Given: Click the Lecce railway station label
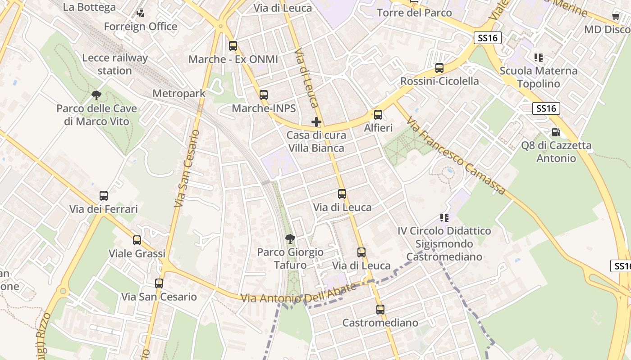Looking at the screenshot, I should [x=115, y=64].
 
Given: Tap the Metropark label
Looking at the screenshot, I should [x=179, y=94].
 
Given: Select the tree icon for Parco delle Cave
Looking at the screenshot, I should [x=96, y=95].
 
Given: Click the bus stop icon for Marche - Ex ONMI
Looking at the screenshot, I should [x=233, y=45].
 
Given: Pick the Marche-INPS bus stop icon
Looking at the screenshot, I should [x=264, y=95].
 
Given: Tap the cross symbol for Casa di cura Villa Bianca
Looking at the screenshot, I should [x=316, y=121].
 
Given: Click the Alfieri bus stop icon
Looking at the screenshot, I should [x=378, y=114].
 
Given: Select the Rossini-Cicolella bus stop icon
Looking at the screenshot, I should [x=439, y=68].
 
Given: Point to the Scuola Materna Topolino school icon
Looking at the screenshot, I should [x=538, y=58].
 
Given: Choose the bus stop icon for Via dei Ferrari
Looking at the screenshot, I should [x=104, y=196].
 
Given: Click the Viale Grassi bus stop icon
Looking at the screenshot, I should [x=137, y=240].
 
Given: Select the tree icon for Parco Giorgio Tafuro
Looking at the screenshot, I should [x=290, y=238].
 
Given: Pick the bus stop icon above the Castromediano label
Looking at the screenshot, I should [x=380, y=310].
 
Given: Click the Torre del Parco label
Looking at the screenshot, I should [x=414, y=13].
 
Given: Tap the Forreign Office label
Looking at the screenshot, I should [x=141, y=27].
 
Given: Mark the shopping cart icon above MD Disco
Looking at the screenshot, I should [x=616, y=16].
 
